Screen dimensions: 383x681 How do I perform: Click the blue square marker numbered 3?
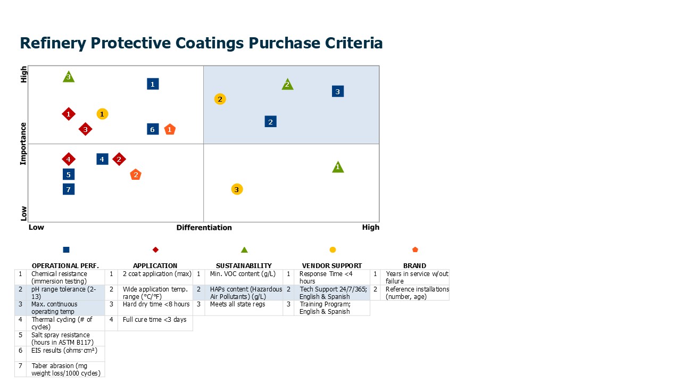[337, 91]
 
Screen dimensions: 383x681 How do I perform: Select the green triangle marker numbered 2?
[287, 85]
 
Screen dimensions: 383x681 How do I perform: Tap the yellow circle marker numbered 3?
[237, 189]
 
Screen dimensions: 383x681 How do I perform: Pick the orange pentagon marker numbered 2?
[136, 174]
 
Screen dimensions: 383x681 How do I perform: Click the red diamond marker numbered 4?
[68, 159]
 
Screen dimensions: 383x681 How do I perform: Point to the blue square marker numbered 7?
[68, 189]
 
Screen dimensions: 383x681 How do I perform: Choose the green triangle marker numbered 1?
[338, 168]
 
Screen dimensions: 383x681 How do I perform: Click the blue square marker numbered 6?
[153, 129]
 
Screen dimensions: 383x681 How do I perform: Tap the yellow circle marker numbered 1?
[102, 114]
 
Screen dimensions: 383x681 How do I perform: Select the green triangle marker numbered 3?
[68, 77]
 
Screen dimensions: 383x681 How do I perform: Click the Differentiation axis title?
[204, 228]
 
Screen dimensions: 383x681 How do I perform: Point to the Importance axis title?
[23, 144]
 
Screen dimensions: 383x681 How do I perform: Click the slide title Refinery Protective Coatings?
[201, 43]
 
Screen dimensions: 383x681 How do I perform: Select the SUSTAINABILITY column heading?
[244, 265]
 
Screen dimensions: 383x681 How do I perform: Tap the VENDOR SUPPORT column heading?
[331, 265]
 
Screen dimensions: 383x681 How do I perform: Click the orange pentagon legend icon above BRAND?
[415, 249]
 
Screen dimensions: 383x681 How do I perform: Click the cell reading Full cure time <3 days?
[154, 320]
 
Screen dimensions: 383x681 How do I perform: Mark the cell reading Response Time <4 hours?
[330, 277]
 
